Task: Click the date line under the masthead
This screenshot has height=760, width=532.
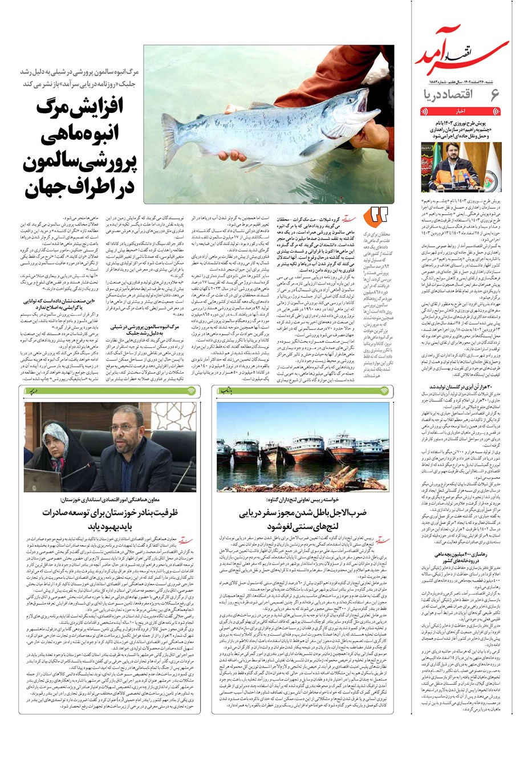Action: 460,80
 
